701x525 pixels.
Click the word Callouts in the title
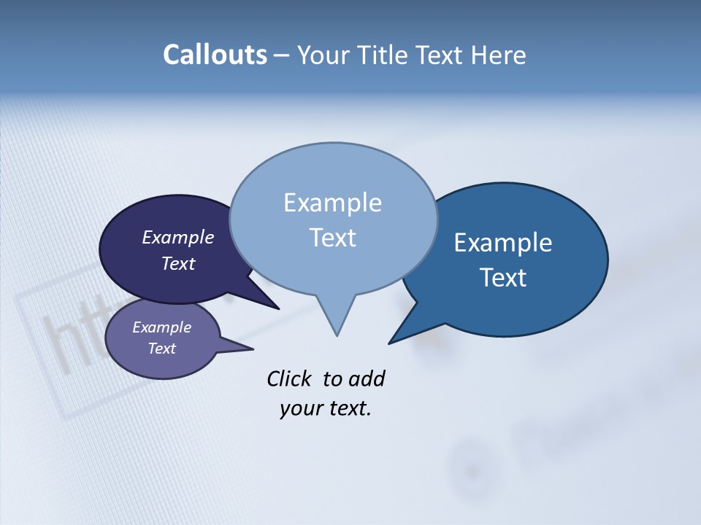[x=215, y=55]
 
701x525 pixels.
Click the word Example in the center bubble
[x=333, y=203]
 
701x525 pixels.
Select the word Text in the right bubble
[x=503, y=278]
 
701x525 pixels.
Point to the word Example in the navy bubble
[x=178, y=238]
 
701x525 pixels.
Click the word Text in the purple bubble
[x=162, y=349]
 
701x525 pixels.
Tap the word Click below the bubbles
[x=290, y=379]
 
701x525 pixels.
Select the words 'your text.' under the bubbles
[x=326, y=408]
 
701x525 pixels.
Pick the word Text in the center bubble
[x=333, y=238]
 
